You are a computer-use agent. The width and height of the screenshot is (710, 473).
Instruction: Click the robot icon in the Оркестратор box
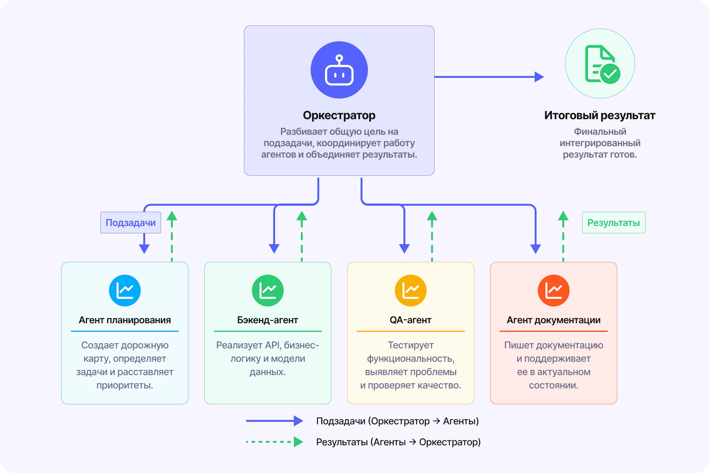[339, 70]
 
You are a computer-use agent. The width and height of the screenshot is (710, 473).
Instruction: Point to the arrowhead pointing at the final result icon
[539, 77]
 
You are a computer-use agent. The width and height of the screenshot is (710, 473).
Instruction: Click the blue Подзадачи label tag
[131, 223]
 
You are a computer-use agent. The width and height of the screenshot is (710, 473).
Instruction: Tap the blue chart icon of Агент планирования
[125, 291]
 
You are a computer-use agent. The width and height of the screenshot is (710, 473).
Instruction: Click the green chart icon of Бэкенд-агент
[268, 291]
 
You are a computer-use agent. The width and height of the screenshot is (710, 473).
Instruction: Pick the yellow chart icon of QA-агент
[411, 291]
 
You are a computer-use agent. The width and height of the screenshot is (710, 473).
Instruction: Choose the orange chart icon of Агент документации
[554, 291]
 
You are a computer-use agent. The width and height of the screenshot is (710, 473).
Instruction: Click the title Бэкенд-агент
[268, 320]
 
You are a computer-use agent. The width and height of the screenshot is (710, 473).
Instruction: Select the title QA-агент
[411, 320]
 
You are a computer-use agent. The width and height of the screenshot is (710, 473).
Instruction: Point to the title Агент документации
[554, 320]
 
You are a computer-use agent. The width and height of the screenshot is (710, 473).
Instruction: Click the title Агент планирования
[125, 320]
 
